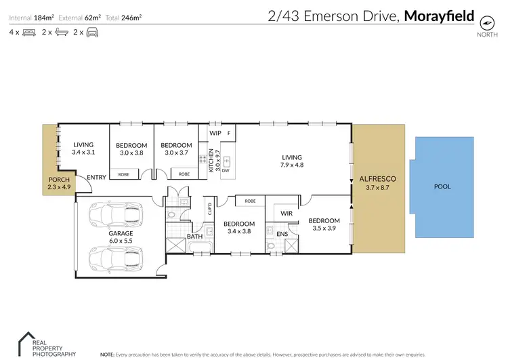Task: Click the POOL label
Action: (442, 186)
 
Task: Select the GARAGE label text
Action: (121, 233)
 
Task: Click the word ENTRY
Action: (96, 178)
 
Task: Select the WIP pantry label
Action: (215, 133)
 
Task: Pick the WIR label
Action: (287, 213)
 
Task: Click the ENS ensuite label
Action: (282, 235)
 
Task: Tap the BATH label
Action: (194, 237)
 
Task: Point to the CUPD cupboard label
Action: (209, 207)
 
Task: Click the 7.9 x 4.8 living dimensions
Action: (291, 164)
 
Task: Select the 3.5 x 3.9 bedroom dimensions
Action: (324, 228)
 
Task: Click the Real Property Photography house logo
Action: (26, 341)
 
